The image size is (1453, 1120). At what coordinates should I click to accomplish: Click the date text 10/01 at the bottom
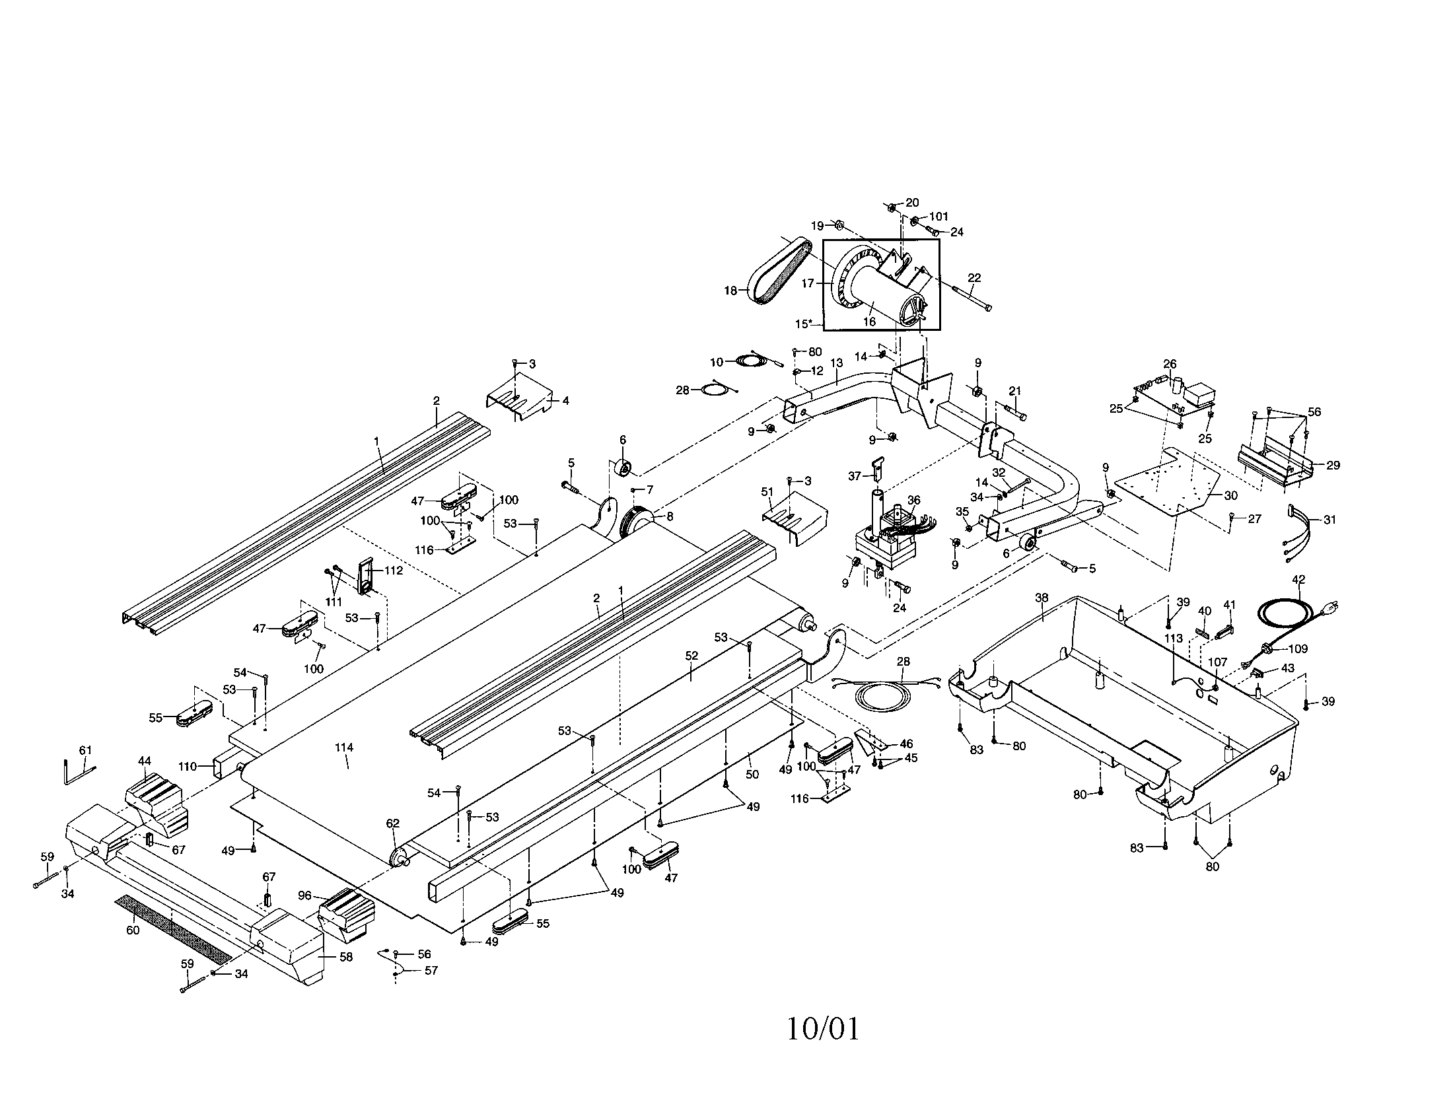point(823,1029)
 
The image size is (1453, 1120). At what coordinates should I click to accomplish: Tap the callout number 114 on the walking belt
point(344,748)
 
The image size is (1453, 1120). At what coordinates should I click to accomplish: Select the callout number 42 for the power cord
point(1298,579)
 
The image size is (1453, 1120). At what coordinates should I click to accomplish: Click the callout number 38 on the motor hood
point(1042,598)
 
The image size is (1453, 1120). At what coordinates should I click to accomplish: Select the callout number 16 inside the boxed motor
point(870,322)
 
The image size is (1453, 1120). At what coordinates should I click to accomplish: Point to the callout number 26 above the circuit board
point(1170,364)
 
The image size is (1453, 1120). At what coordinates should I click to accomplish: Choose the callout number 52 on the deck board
point(692,655)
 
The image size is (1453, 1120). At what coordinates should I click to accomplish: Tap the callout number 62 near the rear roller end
point(392,823)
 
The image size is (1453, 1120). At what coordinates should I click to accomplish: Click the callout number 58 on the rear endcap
point(346,957)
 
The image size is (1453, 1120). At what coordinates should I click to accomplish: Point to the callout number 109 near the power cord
point(1298,648)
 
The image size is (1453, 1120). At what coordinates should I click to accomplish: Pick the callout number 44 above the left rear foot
point(145,760)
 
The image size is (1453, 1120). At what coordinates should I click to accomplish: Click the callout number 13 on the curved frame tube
point(836,363)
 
